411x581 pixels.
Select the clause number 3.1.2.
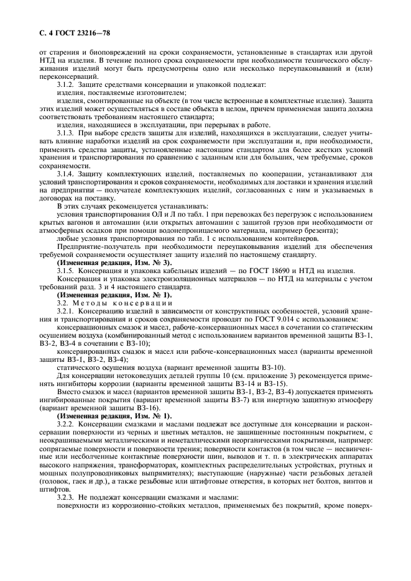67,83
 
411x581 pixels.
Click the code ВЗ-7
270,400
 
